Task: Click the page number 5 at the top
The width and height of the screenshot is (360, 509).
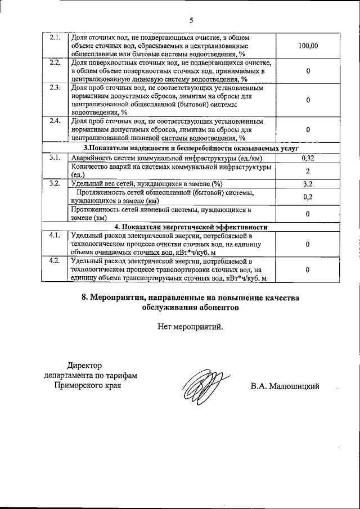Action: pyautogui.click(x=191, y=21)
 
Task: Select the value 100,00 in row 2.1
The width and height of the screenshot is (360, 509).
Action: pyautogui.click(x=308, y=46)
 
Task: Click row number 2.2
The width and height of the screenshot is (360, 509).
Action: pyautogui.click(x=55, y=62)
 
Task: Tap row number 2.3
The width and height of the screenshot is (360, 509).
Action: pyautogui.click(x=55, y=88)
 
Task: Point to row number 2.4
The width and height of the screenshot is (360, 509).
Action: pyautogui.click(x=55, y=121)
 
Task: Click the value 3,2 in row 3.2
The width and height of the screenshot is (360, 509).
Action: pyautogui.click(x=308, y=183)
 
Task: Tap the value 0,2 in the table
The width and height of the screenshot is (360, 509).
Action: pyautogui.click(x=308, y=196)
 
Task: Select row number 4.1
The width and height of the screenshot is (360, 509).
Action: pyautogui.click(x=55, y=236)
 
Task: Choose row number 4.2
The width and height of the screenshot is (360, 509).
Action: pyautogui.click(x=55, y=262)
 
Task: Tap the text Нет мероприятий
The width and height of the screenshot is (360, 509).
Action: pyautogui.click(x=190, y=326)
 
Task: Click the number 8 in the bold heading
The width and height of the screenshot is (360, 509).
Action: pyautogui.click(x=84, y=298)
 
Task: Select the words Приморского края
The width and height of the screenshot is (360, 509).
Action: pyautogui.click(x=87, y=386)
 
